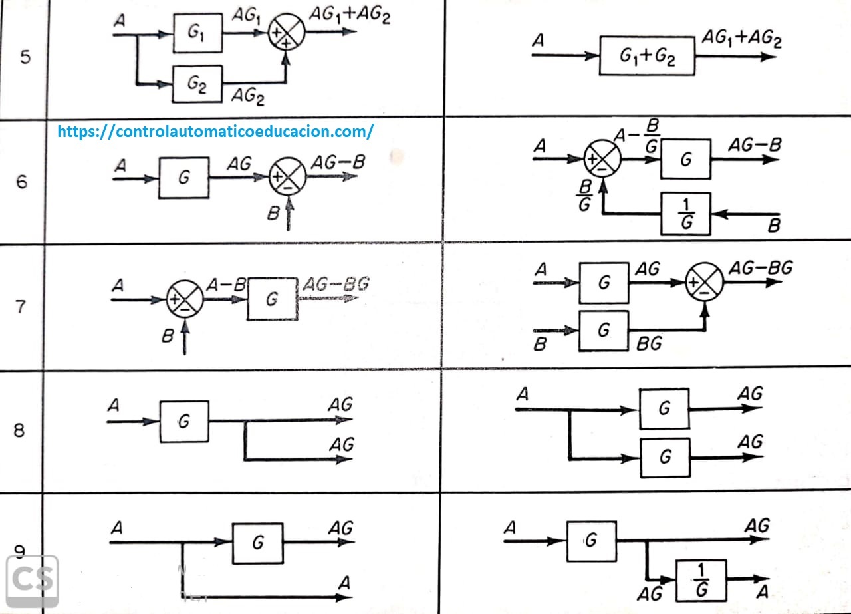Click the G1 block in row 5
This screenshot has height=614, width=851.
(197, 33)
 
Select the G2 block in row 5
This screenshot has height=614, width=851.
(197, 84)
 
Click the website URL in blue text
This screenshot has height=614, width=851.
(215, 131)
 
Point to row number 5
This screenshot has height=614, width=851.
(25, 57)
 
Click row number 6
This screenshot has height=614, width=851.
(22, 181)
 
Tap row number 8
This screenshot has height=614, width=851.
(20, 430)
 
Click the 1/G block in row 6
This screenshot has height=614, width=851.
(685, 214)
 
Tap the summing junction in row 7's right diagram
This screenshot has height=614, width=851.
(705, 283)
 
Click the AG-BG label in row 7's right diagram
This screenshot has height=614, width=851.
(761, 268)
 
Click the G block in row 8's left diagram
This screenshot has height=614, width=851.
(184, 421)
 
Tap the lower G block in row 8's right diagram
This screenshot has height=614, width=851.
(665, 457)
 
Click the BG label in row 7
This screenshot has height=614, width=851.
(649, 344)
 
